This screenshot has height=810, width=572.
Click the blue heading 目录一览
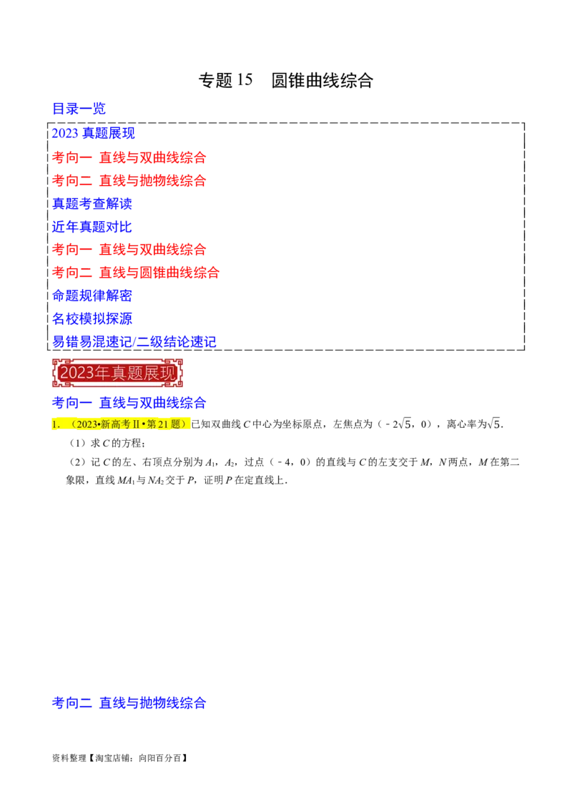tap(79, 109)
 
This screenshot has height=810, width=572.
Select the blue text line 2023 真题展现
tap(93, 134)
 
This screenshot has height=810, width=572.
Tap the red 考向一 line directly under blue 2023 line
tap(129, 157)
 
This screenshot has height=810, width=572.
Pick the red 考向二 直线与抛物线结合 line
tap(129, 180)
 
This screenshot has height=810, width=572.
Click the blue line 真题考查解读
tap(93, 203)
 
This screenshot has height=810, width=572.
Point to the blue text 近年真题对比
tap(92, 227)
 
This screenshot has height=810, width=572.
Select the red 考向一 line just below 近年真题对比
tap(129, 250)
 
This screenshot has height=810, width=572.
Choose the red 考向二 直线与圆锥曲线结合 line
tap(136, 273)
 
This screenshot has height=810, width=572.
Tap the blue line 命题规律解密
tap(93, 295)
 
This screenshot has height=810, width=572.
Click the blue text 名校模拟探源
tap(93, 318)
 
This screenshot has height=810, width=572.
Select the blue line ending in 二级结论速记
tap(134, 341)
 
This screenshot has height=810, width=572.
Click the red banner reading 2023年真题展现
tap(117, 372)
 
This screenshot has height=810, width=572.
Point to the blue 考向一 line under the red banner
tap(129, 403)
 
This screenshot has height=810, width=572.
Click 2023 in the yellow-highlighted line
tap(87, 424)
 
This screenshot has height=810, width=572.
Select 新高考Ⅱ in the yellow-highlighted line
tap(119, 424)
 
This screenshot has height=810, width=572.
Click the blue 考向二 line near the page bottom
tap(129, 703)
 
